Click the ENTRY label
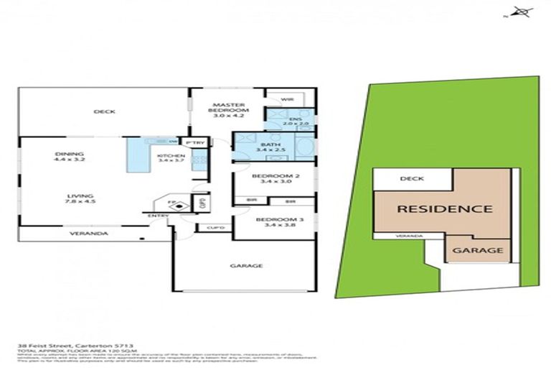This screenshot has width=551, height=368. click(x=159, y=215)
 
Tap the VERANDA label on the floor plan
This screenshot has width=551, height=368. click(x=89, y=234)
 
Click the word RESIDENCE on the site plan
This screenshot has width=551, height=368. click(x=445, y=209)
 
